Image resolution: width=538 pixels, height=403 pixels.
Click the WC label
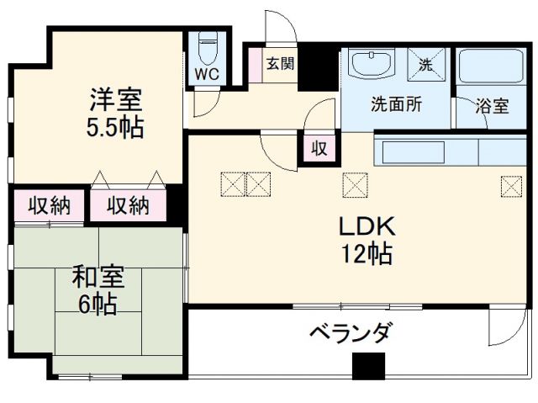206,74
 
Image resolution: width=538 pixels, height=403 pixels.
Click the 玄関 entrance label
281,63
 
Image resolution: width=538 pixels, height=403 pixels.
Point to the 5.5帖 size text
116,127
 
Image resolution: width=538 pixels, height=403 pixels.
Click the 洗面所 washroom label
397,106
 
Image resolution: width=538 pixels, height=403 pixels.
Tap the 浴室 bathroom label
492,107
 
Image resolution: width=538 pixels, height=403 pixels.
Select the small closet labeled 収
320,149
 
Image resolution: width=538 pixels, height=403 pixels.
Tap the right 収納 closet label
129,204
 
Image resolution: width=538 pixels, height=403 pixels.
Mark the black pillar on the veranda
367,365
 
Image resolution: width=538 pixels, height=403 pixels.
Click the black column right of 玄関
318,67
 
